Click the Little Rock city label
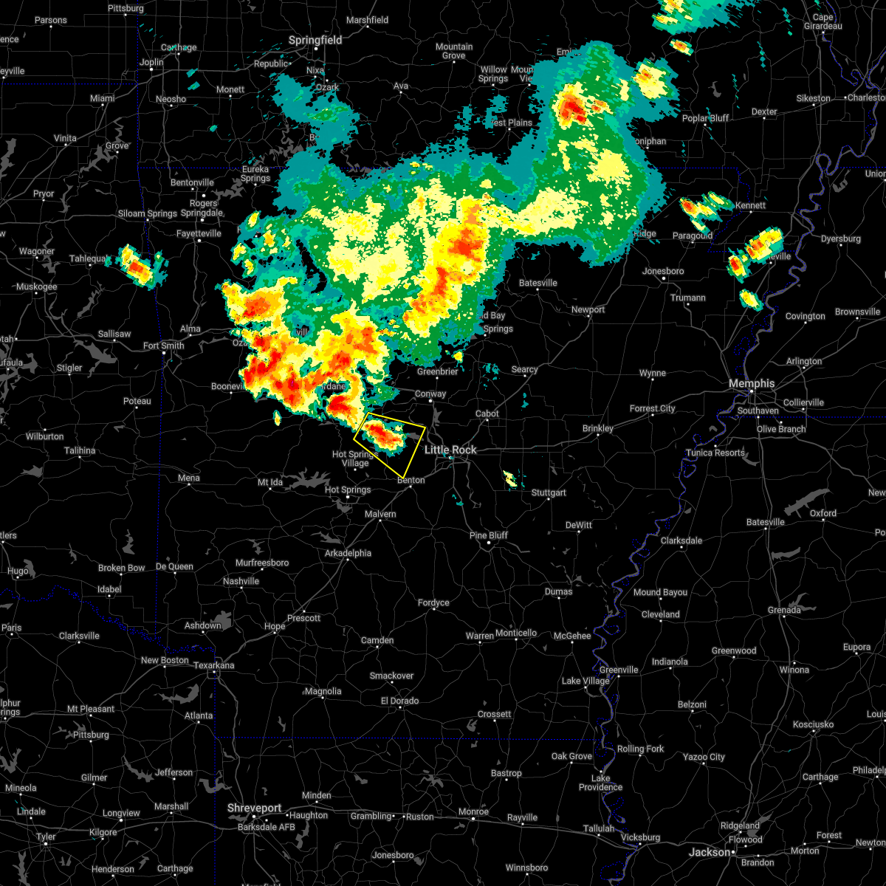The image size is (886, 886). point(450,450)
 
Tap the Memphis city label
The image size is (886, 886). point(752,383)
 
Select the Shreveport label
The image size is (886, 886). point(254,808)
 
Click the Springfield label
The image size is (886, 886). point(315,40)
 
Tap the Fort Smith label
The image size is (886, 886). point(163,346)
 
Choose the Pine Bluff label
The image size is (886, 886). point(489,535)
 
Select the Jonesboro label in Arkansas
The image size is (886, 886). point(663,271)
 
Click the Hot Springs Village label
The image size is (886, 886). point(355,459)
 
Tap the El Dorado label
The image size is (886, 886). point(399,701)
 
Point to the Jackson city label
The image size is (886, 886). point(710,852)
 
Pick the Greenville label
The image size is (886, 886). point(619,670)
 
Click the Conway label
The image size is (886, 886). point(430,394)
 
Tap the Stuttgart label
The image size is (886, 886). point(549,492)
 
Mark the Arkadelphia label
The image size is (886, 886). point(348,553)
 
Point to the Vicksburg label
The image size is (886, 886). point(640,837)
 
